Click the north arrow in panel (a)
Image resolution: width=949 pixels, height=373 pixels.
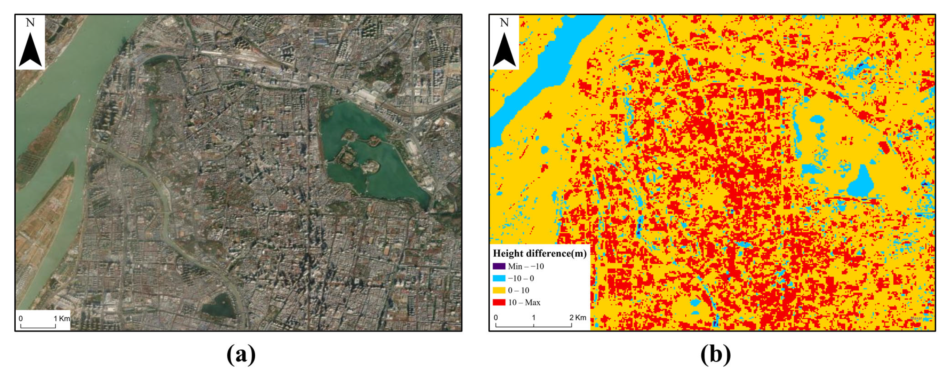point(30,50)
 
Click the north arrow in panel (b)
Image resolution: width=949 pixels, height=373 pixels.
point(504,50)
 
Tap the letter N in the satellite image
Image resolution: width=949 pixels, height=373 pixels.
point(30,23)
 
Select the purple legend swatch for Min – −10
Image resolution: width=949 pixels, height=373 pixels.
point(499,266)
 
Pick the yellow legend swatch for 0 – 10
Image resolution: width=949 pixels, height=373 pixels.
point(499,290)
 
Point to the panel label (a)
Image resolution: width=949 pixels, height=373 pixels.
point(241,355)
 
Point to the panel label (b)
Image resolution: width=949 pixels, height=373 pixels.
point(715,355)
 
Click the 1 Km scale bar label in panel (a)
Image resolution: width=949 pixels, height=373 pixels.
point(62,318)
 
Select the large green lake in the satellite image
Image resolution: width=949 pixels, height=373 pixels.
point(372,155)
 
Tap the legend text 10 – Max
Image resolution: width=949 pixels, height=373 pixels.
point(524,303)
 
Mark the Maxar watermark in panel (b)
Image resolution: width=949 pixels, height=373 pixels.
point(916,318)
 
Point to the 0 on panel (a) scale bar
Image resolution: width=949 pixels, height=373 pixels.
point(21,318)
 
